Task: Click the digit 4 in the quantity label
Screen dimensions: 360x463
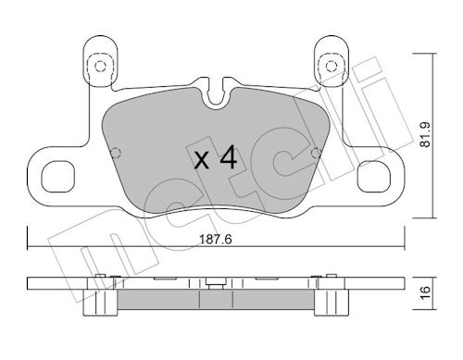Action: pyautogui.click(x=227, y=158)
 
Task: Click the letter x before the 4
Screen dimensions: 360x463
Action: pyautogui.click(x=202, y=160)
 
